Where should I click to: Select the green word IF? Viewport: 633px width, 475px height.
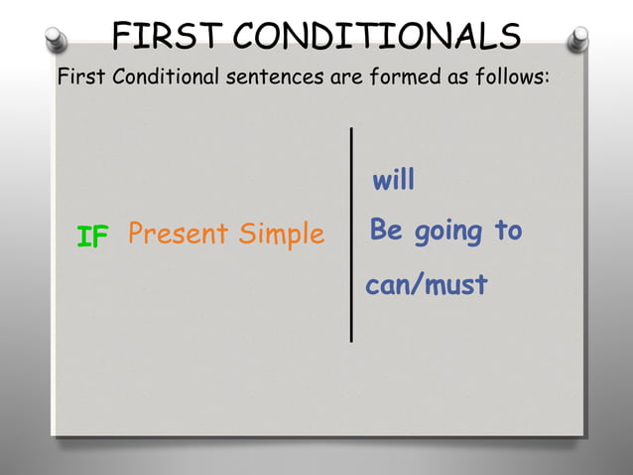(x=92, y=237)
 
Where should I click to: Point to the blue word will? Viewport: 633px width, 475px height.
(x=393, y=181)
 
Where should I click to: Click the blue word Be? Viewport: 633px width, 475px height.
(x=386, y=231)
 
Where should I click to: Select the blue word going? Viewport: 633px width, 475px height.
(x=448, y=233)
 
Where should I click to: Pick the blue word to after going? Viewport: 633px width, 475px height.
(x=508, y=231)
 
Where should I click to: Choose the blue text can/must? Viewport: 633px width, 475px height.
(x=427, y=285)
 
